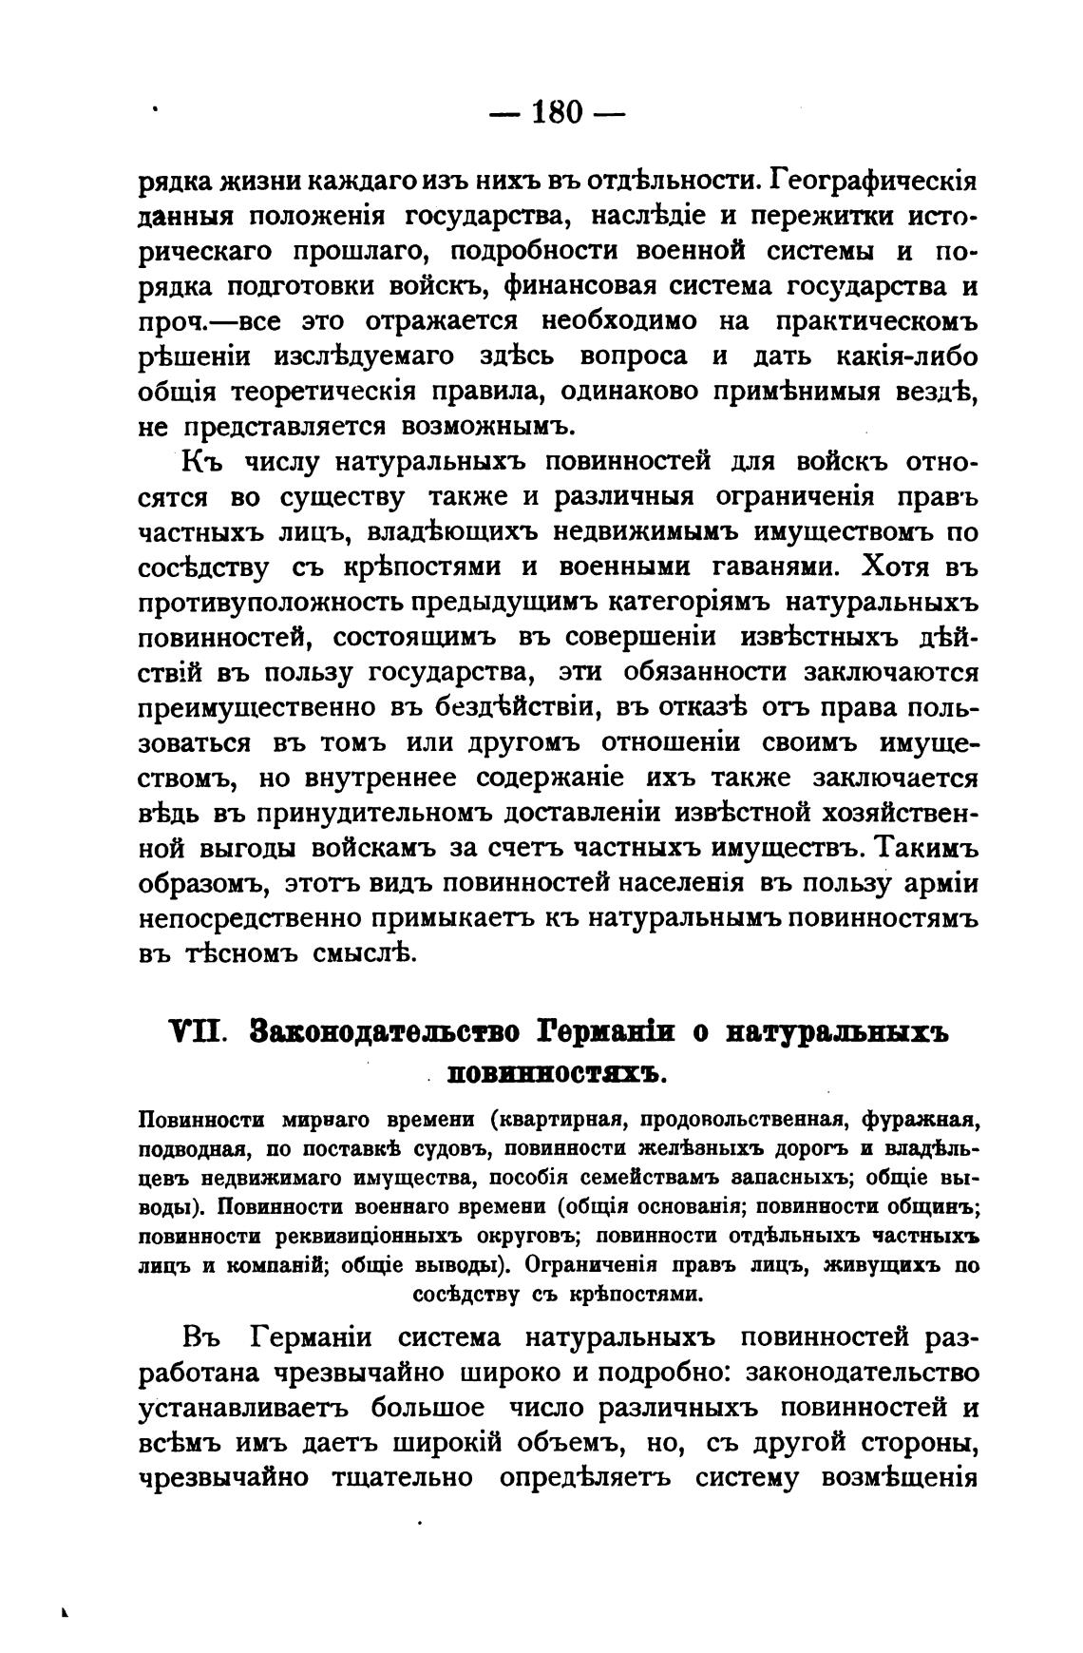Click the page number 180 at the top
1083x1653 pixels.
pyautogui.click(x=556, y=113)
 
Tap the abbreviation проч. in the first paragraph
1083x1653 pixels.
pyautogui.click(x=173, y=321)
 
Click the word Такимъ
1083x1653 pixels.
pyautogui.click(x=927, y=850)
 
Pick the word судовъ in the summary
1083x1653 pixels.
pyautogui.click(x=440, y=1147)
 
